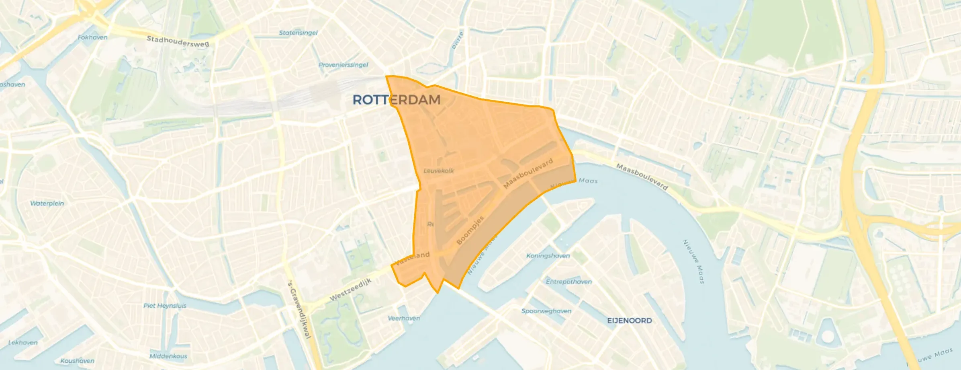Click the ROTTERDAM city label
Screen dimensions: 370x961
coord(396,100)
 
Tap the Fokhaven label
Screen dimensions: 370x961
coord(92,37)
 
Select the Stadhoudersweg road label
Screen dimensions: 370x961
coord(178,41)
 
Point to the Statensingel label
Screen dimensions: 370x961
coord(298,33)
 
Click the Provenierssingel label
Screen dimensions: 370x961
coord(343,65)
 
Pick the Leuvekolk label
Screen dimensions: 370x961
coord(439,171)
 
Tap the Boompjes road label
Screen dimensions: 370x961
coord(470,230)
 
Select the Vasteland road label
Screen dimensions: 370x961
coord(412,258)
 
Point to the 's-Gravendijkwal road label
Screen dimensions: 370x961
coord(300,309)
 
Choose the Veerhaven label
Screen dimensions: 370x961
coord(404,318)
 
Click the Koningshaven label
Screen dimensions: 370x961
coord(548,256)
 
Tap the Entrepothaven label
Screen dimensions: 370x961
coord(568,282)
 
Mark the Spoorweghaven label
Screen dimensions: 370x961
coord(546,311)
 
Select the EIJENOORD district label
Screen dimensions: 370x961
coord(629,321)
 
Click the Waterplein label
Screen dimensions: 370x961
coord(47,203)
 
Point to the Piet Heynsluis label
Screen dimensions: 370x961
coord(165,306)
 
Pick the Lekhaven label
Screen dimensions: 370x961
coord(23,343)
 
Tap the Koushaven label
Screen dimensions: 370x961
coord(77,361)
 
